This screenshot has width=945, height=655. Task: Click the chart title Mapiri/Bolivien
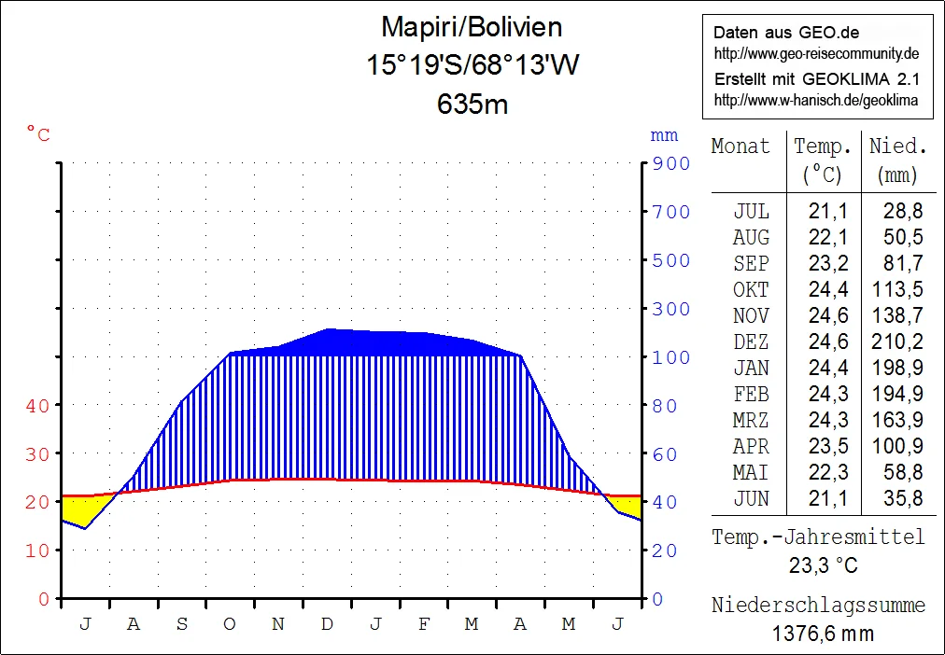click(472, 27)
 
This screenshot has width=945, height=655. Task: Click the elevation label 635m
click(472, 104)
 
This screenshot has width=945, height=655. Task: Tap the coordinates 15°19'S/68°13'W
click(472, 65)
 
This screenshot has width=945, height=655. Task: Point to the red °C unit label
click(38, 136)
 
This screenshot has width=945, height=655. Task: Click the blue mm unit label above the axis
click(664, 136)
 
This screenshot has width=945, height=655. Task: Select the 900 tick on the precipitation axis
click(671, 164)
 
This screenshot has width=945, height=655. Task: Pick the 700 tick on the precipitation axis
click(671, 213)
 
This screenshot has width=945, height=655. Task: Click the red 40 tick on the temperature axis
click(37, 406)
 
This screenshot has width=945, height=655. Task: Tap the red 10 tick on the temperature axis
click(37, 550)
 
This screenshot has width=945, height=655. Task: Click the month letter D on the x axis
click(327, 625)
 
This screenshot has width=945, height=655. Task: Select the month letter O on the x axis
click(230, 625)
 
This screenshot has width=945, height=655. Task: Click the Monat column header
click(740, 146)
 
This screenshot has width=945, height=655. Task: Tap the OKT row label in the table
click(751, 290)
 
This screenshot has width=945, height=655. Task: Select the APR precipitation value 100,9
click(897, 447)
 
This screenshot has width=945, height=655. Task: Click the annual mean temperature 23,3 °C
click(823, 566)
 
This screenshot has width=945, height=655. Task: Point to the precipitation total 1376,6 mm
click(823, 634)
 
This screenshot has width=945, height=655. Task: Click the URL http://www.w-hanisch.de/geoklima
click(815, 100)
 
